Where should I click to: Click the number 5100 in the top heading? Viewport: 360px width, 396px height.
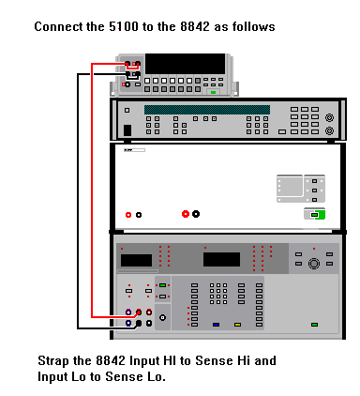tap(124, 26)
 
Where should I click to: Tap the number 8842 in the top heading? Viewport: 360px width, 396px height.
tap(195, 26)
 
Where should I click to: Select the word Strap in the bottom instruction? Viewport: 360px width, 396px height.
tap(52, 361)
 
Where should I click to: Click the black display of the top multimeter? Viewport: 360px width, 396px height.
tap(185, 64)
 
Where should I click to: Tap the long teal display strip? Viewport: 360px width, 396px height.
tap(207, 110)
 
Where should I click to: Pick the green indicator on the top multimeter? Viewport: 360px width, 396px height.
tap(214, 92)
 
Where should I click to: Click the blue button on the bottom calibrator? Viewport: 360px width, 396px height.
tap(216, 325)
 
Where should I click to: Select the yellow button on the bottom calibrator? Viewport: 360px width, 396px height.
tap(237, 325)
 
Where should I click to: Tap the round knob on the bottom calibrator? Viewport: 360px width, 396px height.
tap(314, 264)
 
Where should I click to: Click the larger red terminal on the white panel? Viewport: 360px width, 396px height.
tap(186, 214)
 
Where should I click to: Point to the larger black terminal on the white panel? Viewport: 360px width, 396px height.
tap(196, 214)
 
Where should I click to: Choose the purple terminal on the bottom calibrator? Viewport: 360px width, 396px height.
tap(128, 312)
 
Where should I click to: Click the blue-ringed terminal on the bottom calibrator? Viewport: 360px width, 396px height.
tap(128, 323)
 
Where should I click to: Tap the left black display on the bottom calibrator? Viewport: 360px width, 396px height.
tap(136, 260)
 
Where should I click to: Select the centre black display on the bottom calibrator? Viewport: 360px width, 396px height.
tap(221, 259)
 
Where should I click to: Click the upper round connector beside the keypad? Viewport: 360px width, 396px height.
tap(329, 117)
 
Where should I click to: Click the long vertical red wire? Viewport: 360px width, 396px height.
tap(92, 190)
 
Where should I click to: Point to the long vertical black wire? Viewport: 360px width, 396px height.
tap(78, 201)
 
